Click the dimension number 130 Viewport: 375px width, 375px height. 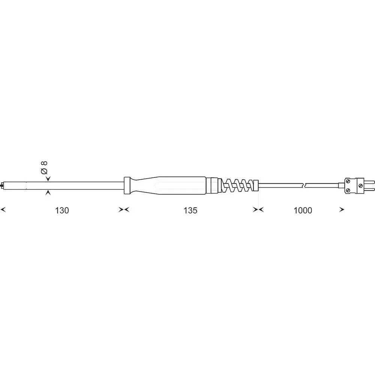point(62,210)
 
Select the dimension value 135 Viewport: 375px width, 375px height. point(190,210)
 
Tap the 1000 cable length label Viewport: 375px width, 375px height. point(303,210)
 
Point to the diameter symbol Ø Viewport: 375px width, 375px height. point(44,171)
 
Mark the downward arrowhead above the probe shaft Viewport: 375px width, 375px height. point(48,178)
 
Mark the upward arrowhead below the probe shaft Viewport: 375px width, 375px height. point(48,193)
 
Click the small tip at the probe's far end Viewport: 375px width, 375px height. point(2,185)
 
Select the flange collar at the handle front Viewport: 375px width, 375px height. point(127,185)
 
